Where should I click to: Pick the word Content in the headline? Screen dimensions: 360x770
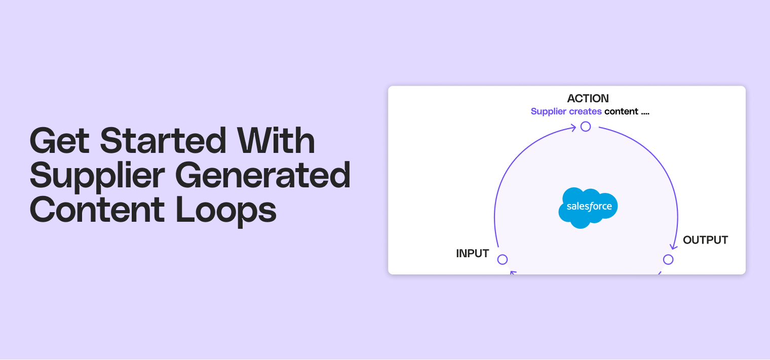[97, 210]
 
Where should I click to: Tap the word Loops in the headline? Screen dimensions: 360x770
[226, 210]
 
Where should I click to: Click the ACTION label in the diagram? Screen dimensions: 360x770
[588, 98]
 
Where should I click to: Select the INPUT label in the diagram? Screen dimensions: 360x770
[472, 254]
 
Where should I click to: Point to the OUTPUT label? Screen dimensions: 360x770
[705, 240]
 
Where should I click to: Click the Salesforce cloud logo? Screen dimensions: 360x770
[589, 207]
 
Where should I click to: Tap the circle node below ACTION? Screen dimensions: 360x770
[586, 127]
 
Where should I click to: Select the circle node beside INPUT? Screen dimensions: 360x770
[503, 260]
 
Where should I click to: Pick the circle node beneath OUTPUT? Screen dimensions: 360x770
[668, 260]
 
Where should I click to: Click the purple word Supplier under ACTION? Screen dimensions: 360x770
[548, 111]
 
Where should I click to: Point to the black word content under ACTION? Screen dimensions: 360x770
[621, 111]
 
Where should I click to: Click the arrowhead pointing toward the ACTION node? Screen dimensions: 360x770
[573, 128]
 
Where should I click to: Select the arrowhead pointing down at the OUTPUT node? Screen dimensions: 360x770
[673, 246]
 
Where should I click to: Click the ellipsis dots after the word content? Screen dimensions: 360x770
[645, 113]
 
